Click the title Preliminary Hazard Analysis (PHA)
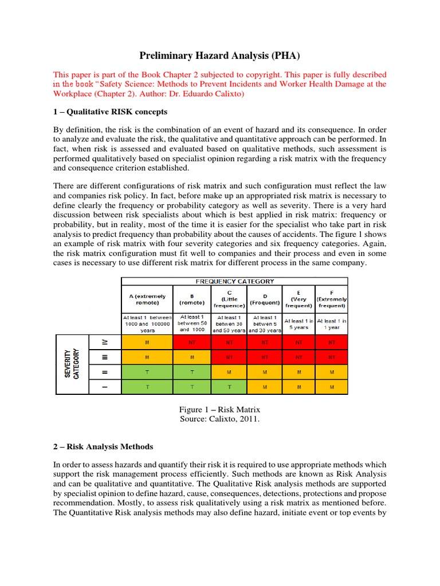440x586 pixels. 220,56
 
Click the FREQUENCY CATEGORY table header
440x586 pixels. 235,281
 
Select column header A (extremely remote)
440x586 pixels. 147,299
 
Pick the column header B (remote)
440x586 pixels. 192,299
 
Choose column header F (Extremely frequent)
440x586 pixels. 332,299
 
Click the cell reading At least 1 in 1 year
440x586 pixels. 332,324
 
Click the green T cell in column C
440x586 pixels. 229,387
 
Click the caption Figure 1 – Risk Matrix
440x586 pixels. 220,410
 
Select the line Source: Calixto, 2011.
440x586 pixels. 220,419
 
